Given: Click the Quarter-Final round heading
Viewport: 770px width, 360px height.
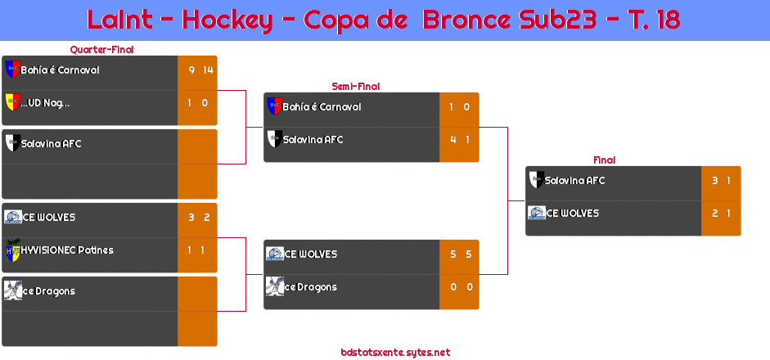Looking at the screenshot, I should pyautogui.click(x=101, y=50).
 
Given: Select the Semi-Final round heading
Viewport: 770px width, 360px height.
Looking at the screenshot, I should pyautogui.click(x=354, y=86).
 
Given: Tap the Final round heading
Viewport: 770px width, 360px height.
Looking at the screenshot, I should pyautogui.click(x=603, y=160).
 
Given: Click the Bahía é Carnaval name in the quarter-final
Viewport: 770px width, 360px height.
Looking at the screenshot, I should pyautogui.click(x=60, y=70).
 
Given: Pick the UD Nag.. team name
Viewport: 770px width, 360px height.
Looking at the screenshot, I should pyautogui.click(x=46, y=103).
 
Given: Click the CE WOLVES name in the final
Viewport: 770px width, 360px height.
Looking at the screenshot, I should pyautogui.click(x=573, y=214).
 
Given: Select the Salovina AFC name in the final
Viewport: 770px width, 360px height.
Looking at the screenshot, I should pyautogui.click(x=574, y=181).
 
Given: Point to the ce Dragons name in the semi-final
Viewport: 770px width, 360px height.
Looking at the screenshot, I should pyautogui.click(x=310, y=287).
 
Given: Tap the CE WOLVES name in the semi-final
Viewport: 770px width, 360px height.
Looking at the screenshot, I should pyautogui.click(x=311, y=254).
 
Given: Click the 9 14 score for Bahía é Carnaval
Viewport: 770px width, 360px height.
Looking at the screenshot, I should pyautogui.click(x=200, y=70).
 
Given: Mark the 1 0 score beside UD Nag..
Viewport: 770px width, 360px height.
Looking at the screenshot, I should pyautogui.click(x=197, y=103).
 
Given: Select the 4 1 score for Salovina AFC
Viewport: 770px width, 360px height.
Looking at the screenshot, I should pyautogui.click(x=460, y=140).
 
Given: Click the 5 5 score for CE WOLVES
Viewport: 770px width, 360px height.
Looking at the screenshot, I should pyautogui.click(x=460, y=254).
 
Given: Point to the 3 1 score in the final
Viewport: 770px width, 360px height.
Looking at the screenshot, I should pyautogui.click(x=722, y=181).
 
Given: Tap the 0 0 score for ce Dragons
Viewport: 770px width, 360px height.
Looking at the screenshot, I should pyautogui.click(x=460, y=287).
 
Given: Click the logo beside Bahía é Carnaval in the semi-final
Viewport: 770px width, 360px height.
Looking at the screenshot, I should pyautogui.click(x=274, y=106).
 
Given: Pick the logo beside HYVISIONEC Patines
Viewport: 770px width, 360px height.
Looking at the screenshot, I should pyautogui.click(x=12, y=250).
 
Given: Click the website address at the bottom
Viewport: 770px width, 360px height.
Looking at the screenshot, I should pyautogui.click(x=395, y=353).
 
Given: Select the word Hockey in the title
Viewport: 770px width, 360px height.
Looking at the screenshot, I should pyautogui.click(x=227, y=20).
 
